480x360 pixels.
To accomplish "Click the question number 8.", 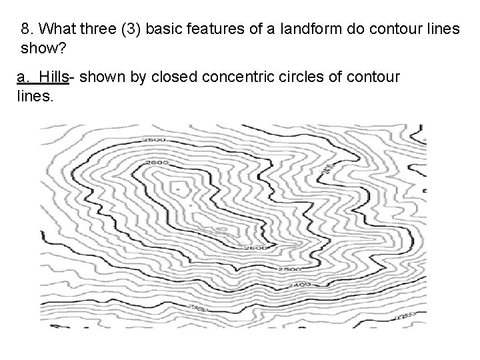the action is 27,30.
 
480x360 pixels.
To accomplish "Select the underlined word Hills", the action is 54,77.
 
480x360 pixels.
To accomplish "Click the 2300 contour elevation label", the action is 197,309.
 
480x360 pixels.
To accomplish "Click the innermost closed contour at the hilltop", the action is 179,185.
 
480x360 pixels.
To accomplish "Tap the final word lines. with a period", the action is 33,96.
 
